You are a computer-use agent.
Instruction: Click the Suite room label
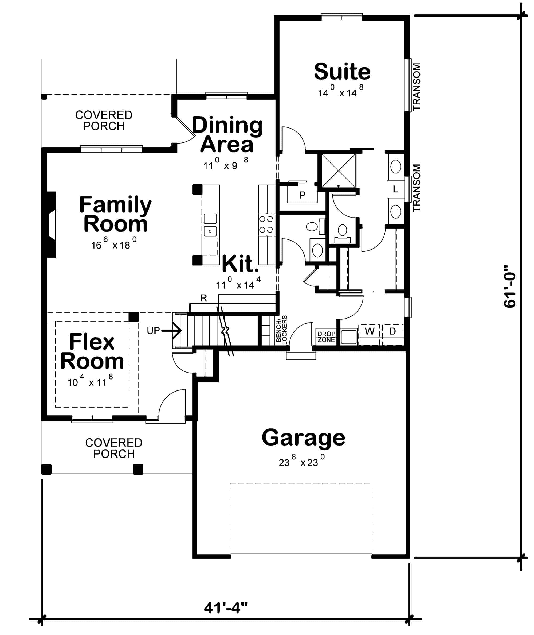[342, 72]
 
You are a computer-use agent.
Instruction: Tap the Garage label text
[303, 438]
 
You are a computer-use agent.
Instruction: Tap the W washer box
[369, 331]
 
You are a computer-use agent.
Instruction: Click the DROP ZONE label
[326, 336]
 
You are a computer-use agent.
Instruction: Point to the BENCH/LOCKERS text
[281, 329]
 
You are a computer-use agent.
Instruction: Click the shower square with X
[339, 171]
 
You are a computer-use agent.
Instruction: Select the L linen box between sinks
[395, 189]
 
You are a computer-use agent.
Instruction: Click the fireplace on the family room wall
[51, 225]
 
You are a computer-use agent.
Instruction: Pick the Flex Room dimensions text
[90, 382]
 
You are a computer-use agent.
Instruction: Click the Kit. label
[240, 264]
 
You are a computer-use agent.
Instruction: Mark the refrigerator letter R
[204, 298]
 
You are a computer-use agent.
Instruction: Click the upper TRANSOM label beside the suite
[417, 86]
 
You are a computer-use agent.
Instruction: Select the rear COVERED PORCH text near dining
[104, 121]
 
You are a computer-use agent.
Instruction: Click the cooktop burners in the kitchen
[266, 224]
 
